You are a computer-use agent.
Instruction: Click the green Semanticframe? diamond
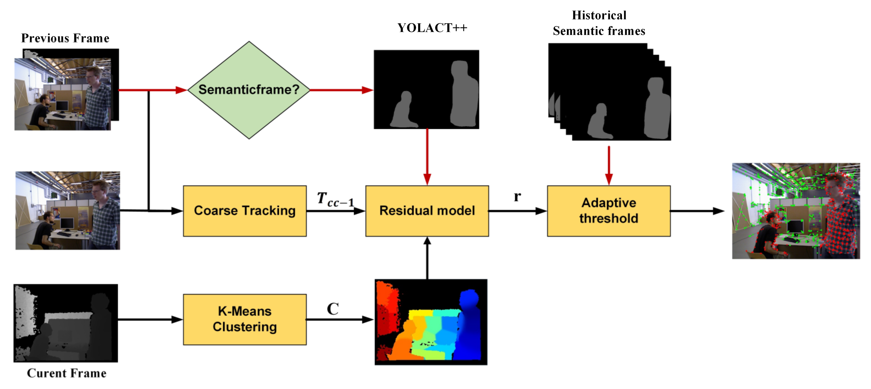point(249,90)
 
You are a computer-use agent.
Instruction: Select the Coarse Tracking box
point(245,210)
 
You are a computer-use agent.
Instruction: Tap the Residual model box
point(427,210)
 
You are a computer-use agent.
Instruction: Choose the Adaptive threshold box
point(609,210)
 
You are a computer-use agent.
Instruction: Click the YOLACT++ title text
point(432,28)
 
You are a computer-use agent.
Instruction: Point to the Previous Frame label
point(65,38)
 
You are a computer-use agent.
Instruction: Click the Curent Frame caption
point(67,373)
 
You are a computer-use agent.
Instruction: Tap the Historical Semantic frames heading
point(599,23)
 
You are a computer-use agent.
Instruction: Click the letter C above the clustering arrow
point(333,309)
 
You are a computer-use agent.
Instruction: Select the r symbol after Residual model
point(517,196)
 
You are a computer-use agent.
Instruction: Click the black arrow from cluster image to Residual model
point(427,258)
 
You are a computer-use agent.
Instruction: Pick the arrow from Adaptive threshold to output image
point(696,211)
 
